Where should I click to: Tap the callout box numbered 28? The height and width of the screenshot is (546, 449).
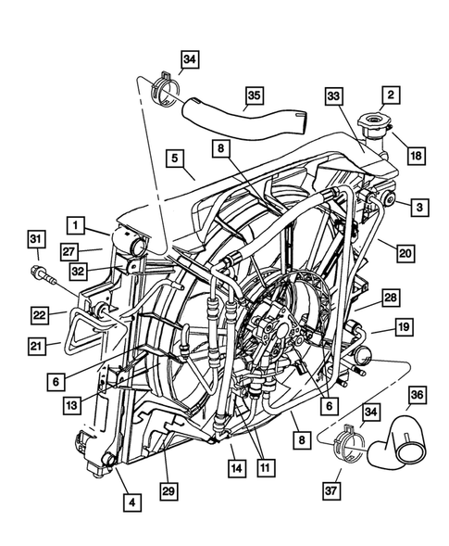[x=391, y=297]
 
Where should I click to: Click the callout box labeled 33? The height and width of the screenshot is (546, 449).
[x=334, y=95]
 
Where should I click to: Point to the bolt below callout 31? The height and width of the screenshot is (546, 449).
[x=41, y=275]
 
